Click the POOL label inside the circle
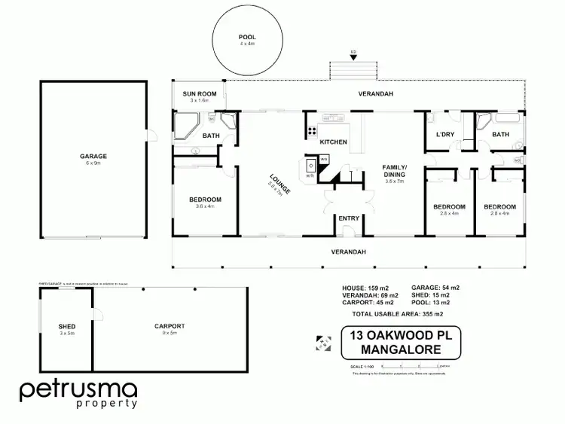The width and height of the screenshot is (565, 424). [247, 36]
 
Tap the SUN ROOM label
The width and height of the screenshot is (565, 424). [203, 94]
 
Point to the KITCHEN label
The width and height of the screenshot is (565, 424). [333, 142]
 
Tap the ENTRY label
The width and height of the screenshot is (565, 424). [348, 218]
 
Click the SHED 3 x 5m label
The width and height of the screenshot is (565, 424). [67, 327]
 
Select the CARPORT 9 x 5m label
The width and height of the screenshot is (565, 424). [169, 327]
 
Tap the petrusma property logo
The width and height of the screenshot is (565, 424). [78, 394]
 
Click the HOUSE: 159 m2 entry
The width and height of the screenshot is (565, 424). [365, 288]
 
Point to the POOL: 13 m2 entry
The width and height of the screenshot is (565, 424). [436, 303]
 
